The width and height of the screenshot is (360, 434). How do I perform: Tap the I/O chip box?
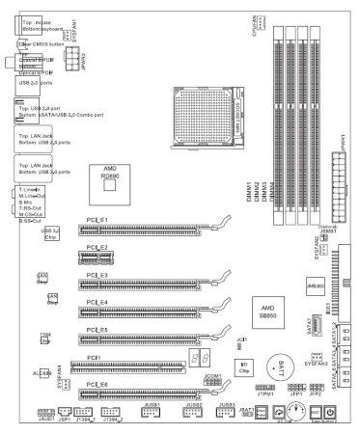[x=219, y=366]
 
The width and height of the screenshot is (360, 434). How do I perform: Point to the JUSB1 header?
[x=151, y=412]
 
